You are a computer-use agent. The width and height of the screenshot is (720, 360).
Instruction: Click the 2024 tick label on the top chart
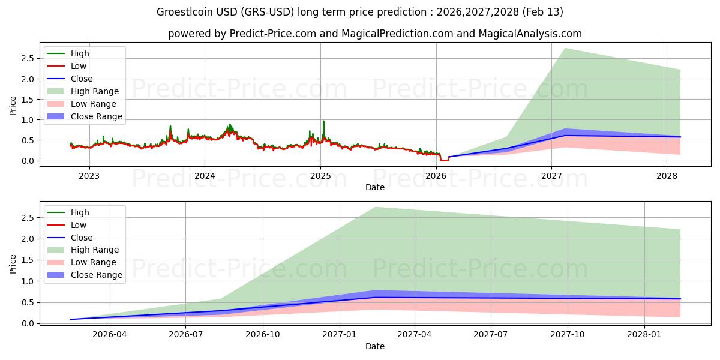point(205,176)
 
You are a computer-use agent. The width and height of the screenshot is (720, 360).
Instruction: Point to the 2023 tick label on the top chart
point(89,176)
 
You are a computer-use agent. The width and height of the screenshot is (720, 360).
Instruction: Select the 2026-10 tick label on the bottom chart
point(263,335)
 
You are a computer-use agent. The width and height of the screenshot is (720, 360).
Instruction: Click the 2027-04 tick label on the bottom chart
point(414,335)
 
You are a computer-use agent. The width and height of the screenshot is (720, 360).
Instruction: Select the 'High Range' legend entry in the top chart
point(94,91)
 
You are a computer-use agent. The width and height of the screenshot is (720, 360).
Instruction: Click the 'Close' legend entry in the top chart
point(82,79)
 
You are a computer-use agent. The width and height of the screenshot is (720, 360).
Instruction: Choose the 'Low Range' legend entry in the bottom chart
point(94,262)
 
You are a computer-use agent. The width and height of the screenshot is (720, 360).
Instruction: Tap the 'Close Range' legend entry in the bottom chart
point(96,275)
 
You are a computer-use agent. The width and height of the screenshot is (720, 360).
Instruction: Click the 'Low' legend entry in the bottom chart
point(79,225)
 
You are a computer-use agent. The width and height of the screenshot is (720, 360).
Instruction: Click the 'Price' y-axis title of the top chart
point(13,106)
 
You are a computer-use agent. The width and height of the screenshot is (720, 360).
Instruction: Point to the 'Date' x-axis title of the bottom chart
point(375,346)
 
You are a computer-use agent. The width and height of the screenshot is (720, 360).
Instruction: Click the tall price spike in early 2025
point(323,121)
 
